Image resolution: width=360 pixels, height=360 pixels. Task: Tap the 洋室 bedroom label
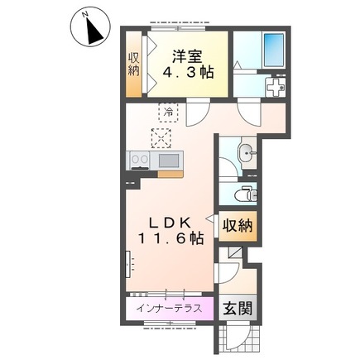pyautogui.click(x=187, y=56)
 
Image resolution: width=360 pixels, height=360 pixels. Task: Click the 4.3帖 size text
pyautogui.click(x=188, y=72)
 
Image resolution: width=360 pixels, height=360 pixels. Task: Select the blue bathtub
pyautogui.click(x=274, y=50)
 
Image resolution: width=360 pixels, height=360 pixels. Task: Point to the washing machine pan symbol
pyautogui.click(x=275, y=87)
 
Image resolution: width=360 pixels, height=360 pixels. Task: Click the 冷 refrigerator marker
pyautogui.click(x=168, y=112)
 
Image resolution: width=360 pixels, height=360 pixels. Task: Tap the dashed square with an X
pyautogui.click(x=161, y=138)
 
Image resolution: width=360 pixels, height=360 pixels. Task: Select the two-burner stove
pyautogui.click(x=140, y=160)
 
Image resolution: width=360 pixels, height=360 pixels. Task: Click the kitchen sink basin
pyautogui.click(x=168, y=161)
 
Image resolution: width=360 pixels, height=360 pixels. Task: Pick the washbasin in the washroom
pyautogui.click(x=247, y=152)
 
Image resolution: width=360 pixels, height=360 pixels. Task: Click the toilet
pyautogui.click(x=246, y=194)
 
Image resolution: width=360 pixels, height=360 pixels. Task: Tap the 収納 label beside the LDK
pyautogui.click(x=238, y=226)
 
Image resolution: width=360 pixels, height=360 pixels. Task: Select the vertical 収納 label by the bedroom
pyautogui.click(x=134, y=64)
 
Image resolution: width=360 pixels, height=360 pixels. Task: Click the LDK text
pyautogui.click(x=170, y=223)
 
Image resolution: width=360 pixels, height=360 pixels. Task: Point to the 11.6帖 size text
pyautogui.click(x=170, y=238)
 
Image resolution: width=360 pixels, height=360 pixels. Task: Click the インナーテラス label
pyautogui.click(x=169, y=308)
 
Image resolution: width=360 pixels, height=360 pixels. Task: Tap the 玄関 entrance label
pyautogui.click(x=238, y=308)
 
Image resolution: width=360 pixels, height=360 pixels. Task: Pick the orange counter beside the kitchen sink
pyautogui.click(x=170, y=174)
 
